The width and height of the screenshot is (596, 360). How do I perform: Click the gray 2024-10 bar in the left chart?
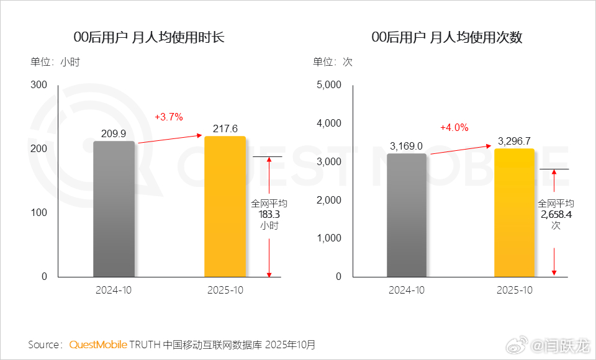click(x=114, y=209)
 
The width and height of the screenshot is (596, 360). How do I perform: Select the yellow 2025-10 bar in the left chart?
click(x=225, y=206)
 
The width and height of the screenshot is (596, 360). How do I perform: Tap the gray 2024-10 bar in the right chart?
click(x=407, y=215)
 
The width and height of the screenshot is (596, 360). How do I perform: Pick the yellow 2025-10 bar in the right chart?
click(x=514, y=212)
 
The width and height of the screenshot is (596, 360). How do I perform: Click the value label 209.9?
click(x=114, y=133)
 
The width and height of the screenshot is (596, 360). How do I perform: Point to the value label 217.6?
click(x=225, y=128)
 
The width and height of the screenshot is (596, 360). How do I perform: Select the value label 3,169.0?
click(x=407, y=146)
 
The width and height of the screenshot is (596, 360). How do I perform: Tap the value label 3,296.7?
click(x=514, y=142)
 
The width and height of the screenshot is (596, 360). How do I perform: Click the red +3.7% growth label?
click(x=168, y=117)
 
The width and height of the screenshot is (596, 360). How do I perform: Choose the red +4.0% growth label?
click(x=454, y=127)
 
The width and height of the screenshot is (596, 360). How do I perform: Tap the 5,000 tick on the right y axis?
click(x=329, y=85)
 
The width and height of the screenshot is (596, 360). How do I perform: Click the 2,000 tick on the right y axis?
click(x=329, y=200)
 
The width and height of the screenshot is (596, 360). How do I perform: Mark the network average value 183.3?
click(x=269, y=214)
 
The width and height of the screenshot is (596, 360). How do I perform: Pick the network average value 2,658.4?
click(x=556, y=214)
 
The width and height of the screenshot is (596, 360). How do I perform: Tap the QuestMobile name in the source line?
click(x=98, y=344)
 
